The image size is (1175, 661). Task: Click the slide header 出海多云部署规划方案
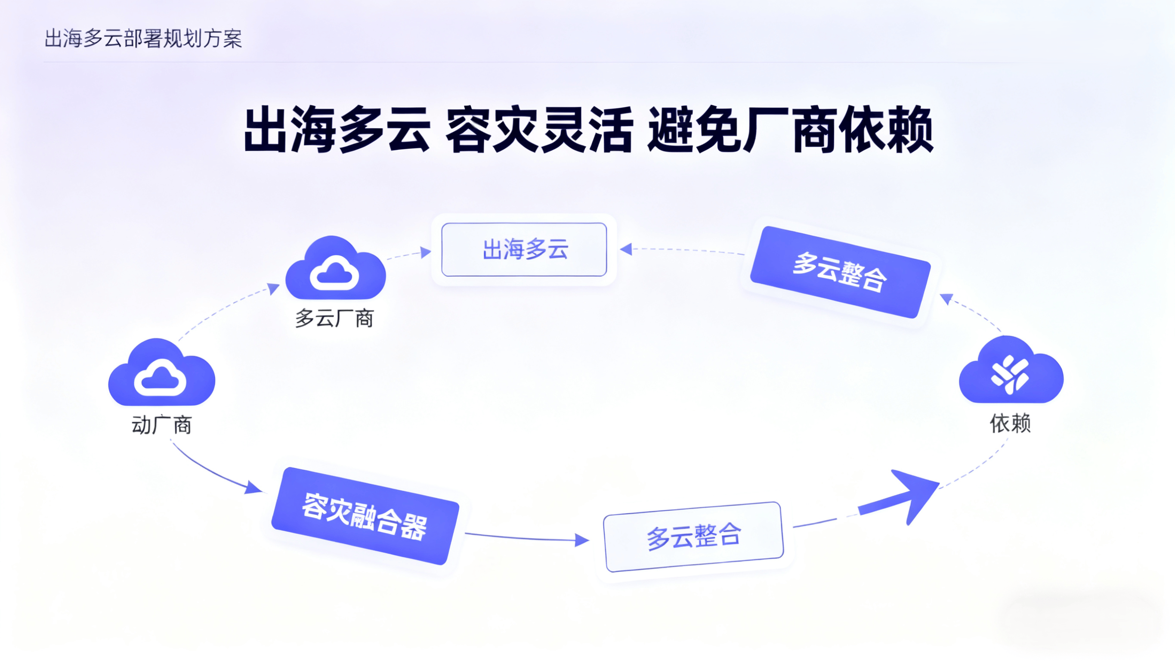[143, 38]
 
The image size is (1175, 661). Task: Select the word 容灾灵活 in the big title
[539, 130]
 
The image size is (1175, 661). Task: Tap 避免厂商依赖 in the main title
[790, 130]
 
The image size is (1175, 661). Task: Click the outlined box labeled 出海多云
[524, 250]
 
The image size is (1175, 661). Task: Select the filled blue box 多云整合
[840, 272]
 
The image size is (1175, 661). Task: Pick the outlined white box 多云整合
[693, 537]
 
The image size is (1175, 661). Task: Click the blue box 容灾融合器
[365, 516]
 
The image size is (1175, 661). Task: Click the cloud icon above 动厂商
[161, 373]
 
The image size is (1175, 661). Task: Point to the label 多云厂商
[334, 318]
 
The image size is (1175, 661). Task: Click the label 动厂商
[161, 425]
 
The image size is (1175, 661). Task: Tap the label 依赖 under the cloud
[1010, 423]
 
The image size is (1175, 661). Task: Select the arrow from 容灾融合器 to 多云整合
[525, 538]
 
